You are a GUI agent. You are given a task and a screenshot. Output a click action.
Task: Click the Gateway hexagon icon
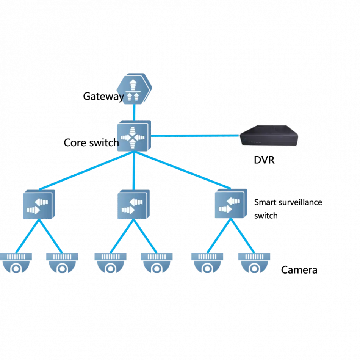click(x=134, y=89)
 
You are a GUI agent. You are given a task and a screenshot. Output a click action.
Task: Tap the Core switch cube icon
click(x=134, y=136)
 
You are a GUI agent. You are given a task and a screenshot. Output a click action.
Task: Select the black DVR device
click(x=269, y=135)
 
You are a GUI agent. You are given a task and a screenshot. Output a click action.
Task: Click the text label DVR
click(x=264, y=160)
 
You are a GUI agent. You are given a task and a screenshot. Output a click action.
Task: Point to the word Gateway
click(x=103, y=96)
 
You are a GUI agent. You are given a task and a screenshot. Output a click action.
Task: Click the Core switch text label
click(x=91, y=142)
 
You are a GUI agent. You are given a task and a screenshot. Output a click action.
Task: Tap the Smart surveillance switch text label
click(x=288, y=209)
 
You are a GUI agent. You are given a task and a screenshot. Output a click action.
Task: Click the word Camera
click(x=299, y=270)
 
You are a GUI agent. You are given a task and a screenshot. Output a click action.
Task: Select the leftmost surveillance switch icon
click(x=39, y=204)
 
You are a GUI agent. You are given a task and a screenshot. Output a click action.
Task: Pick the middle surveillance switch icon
click(x=134, y=204)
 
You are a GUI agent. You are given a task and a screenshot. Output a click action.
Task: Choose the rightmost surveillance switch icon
click(x=231, y=203)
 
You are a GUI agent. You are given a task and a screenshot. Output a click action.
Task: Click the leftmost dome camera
click(x=16, y=263)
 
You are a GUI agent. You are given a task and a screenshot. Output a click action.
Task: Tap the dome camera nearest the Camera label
click(x=254, y=263)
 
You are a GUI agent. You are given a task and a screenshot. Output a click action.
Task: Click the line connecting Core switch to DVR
click(x=195, y=136)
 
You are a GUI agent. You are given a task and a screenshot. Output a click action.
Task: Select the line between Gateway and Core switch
click(x=134, y=112)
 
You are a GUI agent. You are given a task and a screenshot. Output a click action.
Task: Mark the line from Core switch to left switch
click(x=86, y=171)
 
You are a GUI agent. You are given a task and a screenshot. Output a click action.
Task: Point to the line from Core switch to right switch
click(x=183, y=170)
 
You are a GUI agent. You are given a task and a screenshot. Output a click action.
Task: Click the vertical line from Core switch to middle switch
click(x=134, y=171)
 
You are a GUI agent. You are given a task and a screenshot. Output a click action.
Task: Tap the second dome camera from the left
click(x=62, y=263)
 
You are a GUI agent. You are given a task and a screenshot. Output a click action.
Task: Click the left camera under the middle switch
click(x=110, y=263)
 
